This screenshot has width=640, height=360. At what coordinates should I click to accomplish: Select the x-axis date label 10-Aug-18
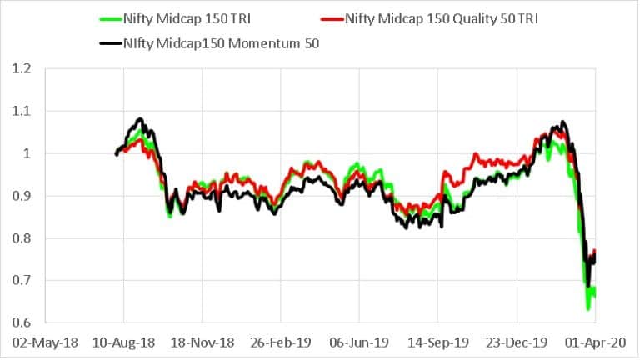tap(123, 341)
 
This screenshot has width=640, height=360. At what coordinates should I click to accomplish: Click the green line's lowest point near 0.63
tap(588, 309)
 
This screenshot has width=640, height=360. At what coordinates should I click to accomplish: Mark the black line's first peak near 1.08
tap(140, 119)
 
